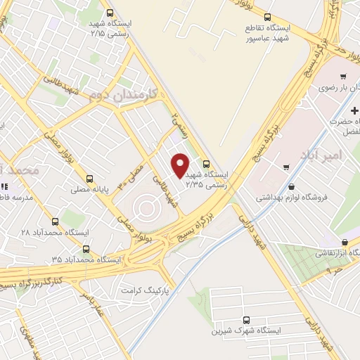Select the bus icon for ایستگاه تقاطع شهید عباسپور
266,17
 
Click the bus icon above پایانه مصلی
89,179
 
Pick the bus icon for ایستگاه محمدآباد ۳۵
86,248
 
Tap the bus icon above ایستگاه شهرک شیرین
247,319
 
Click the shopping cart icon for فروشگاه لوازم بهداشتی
286,167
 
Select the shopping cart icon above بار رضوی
342,77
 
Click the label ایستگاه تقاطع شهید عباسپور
277,31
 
